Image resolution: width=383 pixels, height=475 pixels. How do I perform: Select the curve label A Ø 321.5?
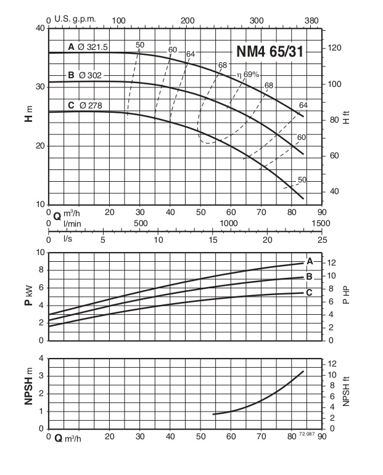pos(91,47)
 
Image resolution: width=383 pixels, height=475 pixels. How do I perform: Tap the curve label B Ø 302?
pos(88,75)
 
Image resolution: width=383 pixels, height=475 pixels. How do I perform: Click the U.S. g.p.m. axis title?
pos(75,19)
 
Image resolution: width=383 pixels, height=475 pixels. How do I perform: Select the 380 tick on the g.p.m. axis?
pos(311,20)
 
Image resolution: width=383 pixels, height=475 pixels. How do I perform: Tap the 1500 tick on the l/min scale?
pos(321,222)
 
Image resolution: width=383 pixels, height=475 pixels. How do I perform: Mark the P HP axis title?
pos(345,296)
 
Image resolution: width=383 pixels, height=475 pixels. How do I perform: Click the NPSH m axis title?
pos(28,394)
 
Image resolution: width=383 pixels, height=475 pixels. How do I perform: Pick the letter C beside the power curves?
pos(310,292)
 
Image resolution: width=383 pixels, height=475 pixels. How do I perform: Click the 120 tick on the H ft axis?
pos(334,48)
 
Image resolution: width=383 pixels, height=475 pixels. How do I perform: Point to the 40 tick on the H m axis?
pos(40,28)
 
